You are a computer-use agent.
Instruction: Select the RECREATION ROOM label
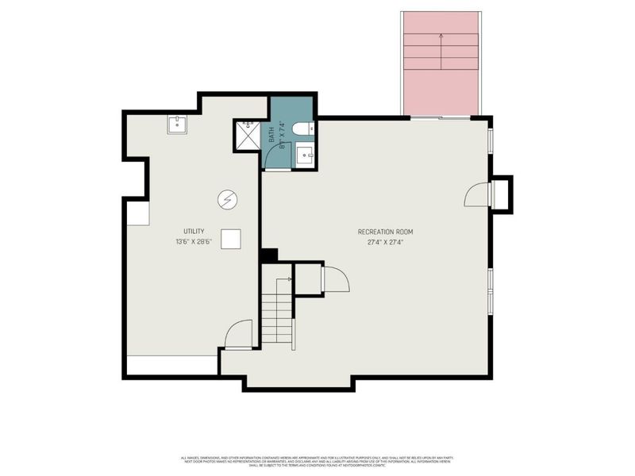click(385, 232)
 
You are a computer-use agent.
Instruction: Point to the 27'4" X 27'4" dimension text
click(385, 242)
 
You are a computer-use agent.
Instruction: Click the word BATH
click(271, 136)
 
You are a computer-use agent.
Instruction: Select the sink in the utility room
click(176, 125)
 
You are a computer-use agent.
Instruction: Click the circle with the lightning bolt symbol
click(227, 200)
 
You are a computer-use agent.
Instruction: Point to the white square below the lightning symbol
click(231, 239)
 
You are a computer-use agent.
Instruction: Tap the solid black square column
click(268, 255)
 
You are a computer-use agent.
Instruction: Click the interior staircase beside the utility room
click(277, 311)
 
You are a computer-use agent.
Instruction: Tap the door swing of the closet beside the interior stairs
click(334, 280)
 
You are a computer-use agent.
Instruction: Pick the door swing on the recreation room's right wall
click(476, 194)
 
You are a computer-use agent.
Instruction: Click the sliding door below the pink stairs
click(441, 118)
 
